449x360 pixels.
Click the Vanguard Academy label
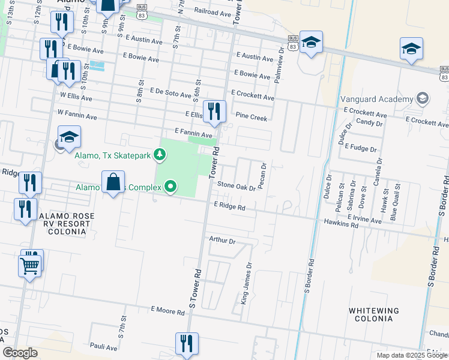[x=377, y=98]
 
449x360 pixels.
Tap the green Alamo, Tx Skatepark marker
[x=160, y=155]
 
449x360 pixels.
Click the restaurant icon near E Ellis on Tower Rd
[x=213, y=111]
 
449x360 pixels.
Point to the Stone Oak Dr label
[x=236, y=187]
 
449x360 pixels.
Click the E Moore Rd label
[x=167, y=310]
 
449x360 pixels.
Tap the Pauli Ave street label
[x=103, y=347]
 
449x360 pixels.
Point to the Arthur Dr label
[x=222, y=240]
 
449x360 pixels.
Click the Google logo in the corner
[x=20, y=353]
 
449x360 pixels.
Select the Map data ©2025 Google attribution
[x=411, y=355]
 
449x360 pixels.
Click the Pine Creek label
[x=251, y=118]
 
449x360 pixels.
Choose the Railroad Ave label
[x=212, y=11]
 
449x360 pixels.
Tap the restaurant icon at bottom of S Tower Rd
[x=187, y=344]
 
